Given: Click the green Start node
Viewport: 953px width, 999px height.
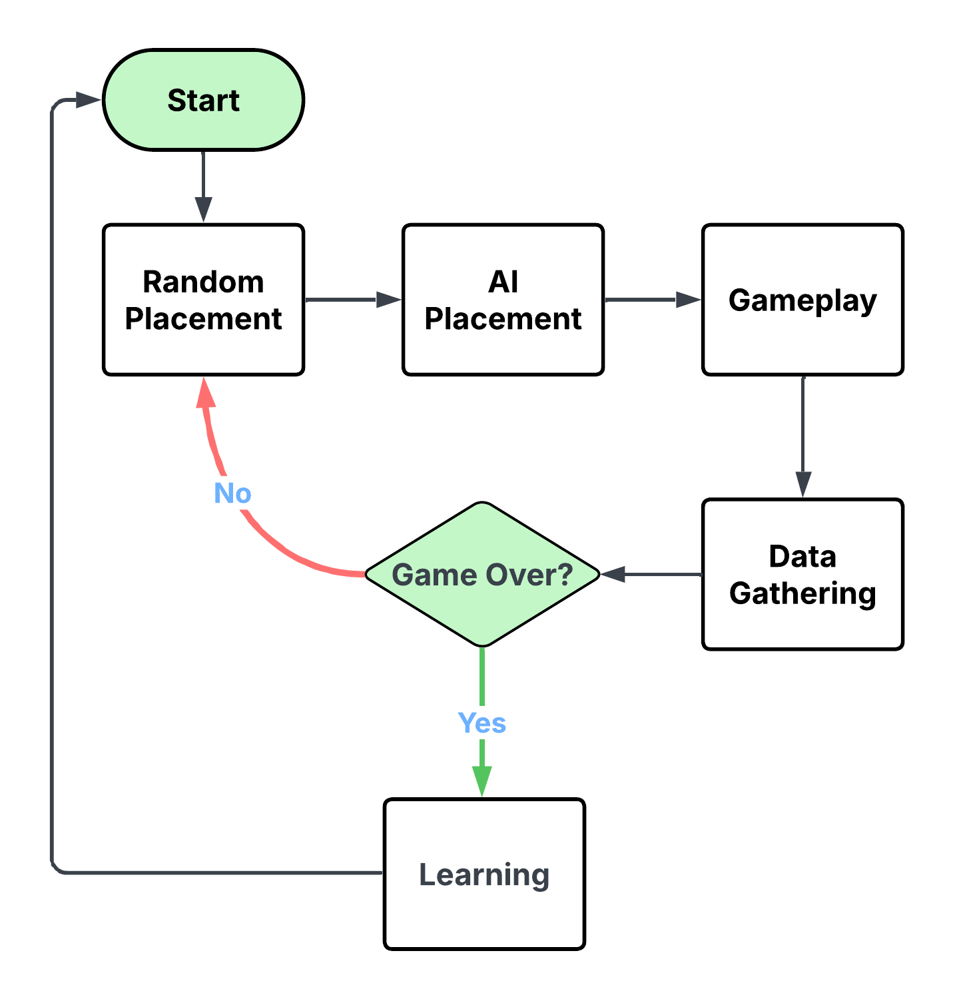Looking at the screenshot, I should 203,100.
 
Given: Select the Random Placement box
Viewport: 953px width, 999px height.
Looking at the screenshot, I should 203,300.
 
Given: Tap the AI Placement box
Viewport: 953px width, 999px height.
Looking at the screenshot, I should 503,300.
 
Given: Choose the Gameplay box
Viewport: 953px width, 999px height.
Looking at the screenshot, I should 802,300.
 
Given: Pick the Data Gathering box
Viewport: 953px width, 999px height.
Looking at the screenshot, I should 802,574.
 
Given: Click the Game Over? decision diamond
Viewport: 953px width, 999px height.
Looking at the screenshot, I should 482,574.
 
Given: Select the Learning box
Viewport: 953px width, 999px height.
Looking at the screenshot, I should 484,874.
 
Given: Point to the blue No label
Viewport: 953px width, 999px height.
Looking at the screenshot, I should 232,494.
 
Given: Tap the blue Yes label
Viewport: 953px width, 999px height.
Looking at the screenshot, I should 482,723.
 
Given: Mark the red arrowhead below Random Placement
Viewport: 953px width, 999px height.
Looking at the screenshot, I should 206,393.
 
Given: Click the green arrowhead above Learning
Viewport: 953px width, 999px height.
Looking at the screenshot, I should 482,781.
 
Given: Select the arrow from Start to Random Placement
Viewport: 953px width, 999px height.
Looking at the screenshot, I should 203,186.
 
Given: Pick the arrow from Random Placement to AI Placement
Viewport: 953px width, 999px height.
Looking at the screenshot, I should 353,300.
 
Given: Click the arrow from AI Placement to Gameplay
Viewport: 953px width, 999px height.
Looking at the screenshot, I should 653,300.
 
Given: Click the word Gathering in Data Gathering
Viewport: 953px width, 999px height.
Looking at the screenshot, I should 802,593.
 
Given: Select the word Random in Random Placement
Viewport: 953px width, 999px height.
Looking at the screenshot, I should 203,282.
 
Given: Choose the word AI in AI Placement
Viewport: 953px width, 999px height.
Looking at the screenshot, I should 503,282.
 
